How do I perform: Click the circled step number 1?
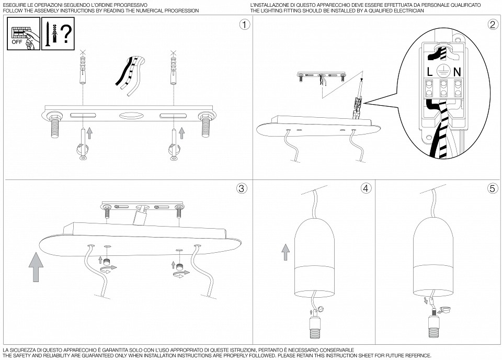tap(245, 25)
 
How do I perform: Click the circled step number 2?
tap(493, 25)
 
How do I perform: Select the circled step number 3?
tap(242, 188)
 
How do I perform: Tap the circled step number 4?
tap(366, 188)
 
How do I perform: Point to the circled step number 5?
tap(493, 188)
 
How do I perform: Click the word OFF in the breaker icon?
tap(17, 42)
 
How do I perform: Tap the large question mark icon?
tap(66, 34)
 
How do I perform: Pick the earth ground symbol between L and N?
tap(443, 71)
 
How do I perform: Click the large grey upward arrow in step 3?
tap(36, 267)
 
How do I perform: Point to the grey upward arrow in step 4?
tap(286, 252)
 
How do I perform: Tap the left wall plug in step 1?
tap(83, 70)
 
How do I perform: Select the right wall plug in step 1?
tap(173, 70)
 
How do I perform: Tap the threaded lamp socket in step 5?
tap(435, 327)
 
